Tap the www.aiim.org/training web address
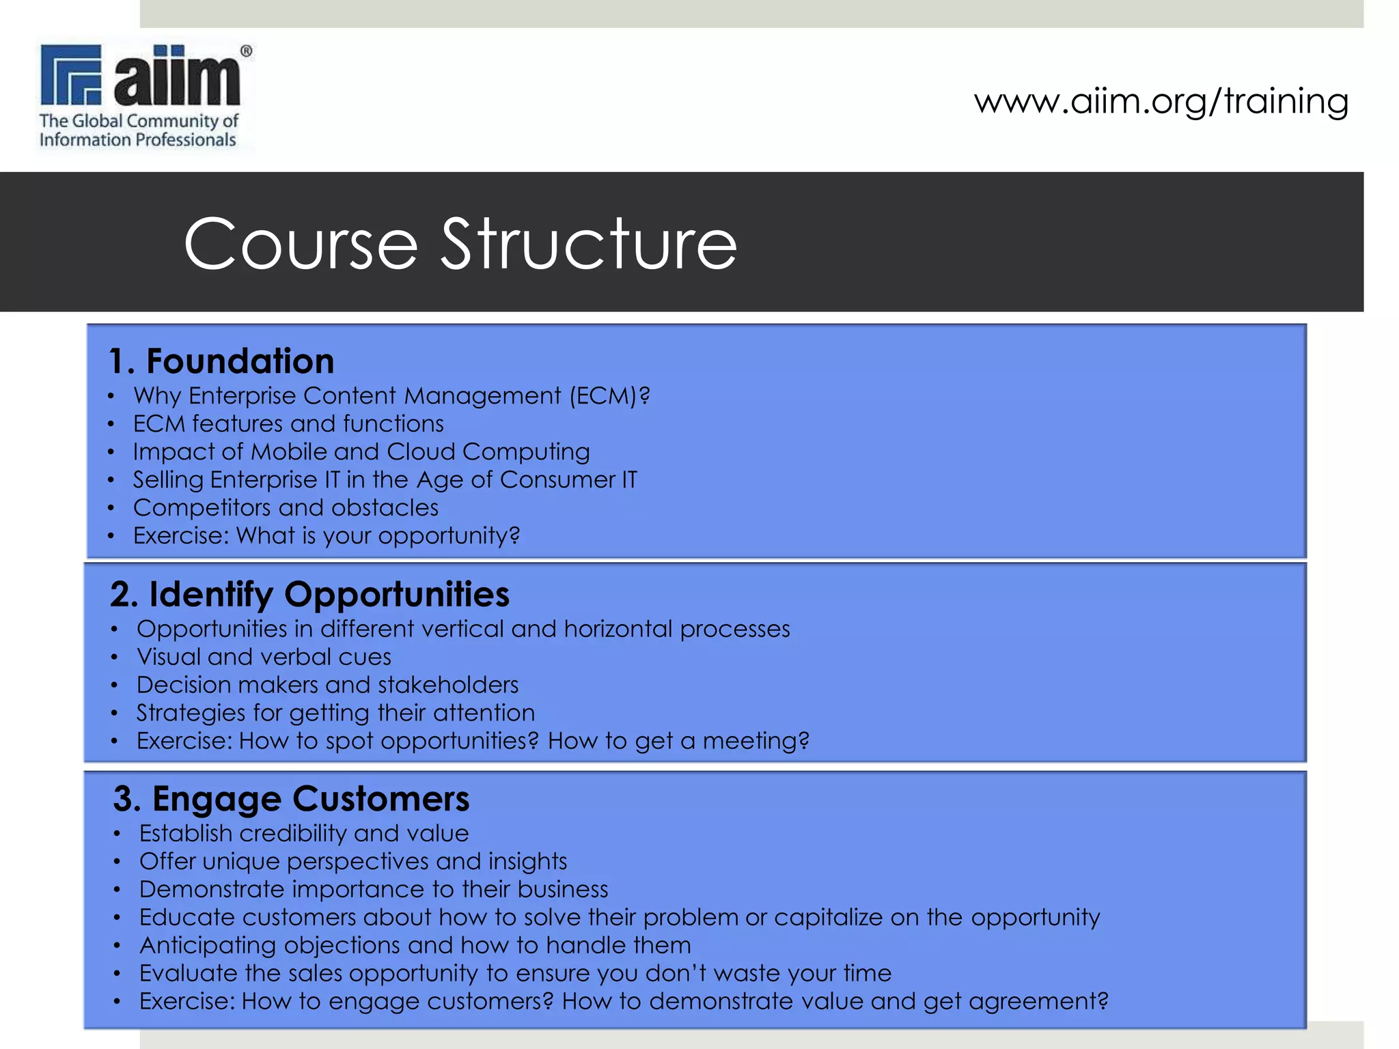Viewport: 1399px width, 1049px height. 1161,101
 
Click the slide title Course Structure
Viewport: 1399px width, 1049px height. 460,244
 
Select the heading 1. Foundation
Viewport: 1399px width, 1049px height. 221,361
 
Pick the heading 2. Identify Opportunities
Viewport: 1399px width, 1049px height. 309,593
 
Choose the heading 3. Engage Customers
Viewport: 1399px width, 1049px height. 291,798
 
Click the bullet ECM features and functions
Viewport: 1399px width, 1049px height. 288,424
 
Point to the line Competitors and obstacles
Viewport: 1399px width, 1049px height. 286,508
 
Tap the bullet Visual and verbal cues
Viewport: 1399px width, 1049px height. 264,657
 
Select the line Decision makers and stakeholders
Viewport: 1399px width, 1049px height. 327,685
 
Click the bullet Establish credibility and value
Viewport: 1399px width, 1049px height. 304,834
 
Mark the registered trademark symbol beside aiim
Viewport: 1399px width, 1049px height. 247,51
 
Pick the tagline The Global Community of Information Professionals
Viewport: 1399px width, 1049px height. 139,130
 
